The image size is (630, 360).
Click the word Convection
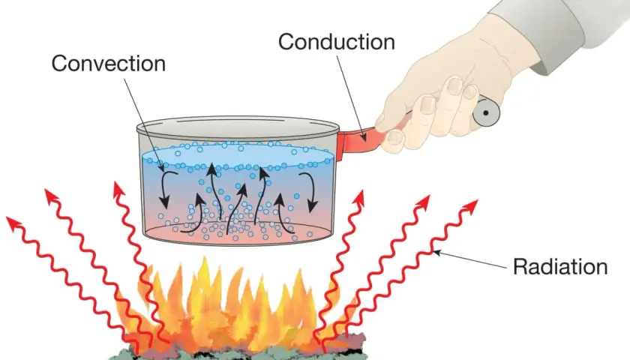click(109, 64)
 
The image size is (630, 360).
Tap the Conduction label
click(337, 42)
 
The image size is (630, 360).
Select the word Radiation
click(560, 266)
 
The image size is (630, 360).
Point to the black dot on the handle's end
click(486, 113)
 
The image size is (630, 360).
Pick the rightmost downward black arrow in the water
click(310, 192)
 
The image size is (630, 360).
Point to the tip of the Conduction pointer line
click(365, 141)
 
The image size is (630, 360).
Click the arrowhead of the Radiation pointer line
click(436, 252)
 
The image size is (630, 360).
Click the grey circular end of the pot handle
click(486, 113)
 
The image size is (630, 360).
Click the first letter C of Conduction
click(286, 42)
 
